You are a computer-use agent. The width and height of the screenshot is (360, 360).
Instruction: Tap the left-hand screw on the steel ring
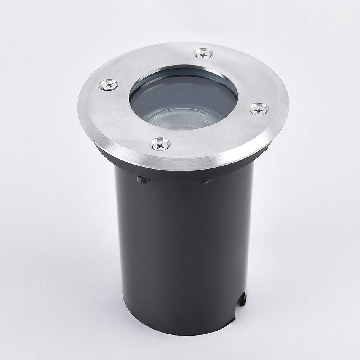pyautogui.click(x=108, y=85)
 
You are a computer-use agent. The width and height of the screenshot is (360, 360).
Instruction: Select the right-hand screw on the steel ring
pyautogui.click(x=259, y=109)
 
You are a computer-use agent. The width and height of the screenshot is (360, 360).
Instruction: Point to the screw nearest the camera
pyautogui.click(x=160, y=144)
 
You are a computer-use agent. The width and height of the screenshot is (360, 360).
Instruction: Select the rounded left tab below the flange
pyautogui.click(x=143, y=179)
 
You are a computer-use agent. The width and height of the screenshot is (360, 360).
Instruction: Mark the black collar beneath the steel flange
pyautogui.click(x=179, y=171)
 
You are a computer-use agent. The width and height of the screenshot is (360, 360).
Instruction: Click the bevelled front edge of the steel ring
pyautogui.click(x=183, y=160)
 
